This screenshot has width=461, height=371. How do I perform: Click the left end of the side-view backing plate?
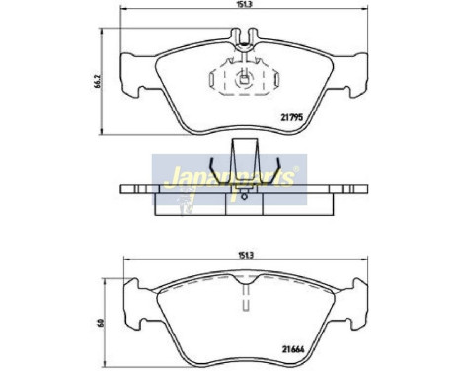(126, 188)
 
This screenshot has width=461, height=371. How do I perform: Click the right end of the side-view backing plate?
(355, 188)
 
